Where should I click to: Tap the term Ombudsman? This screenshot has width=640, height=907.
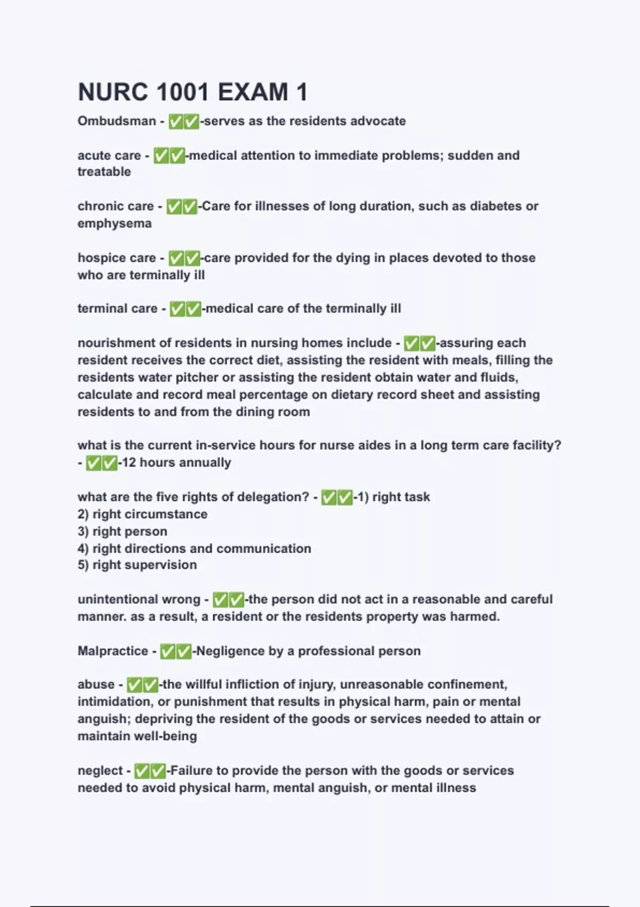click(117, 121)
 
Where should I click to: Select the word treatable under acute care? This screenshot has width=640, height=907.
click(104, 172)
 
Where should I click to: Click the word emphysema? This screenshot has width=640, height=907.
click(115, 223)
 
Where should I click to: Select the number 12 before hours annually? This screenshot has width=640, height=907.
click(129, 463)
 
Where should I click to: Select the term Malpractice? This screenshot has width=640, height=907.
click(113, 651)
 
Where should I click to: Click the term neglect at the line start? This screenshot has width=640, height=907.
click(100, 770)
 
